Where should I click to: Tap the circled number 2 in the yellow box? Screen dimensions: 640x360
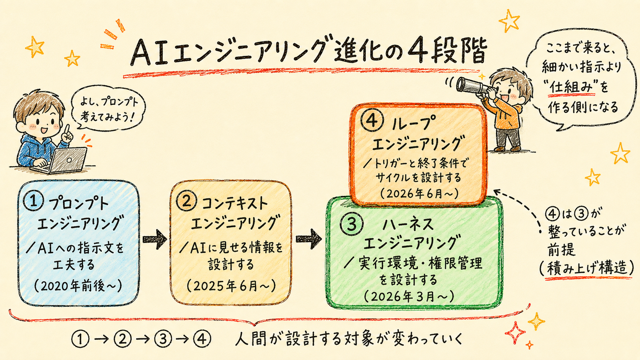pyautogui.click(x=186, y=202)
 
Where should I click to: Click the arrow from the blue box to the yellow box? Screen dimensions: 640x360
pyautogui.click(x=155, y=239)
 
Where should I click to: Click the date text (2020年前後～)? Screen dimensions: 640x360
pyautogui.click(x=78, y=286)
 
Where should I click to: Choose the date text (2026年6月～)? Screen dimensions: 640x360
pyautogui.click(x=420, y=194)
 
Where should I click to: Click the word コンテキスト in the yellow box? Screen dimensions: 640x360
pyautogui.click(x=235, y=204)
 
